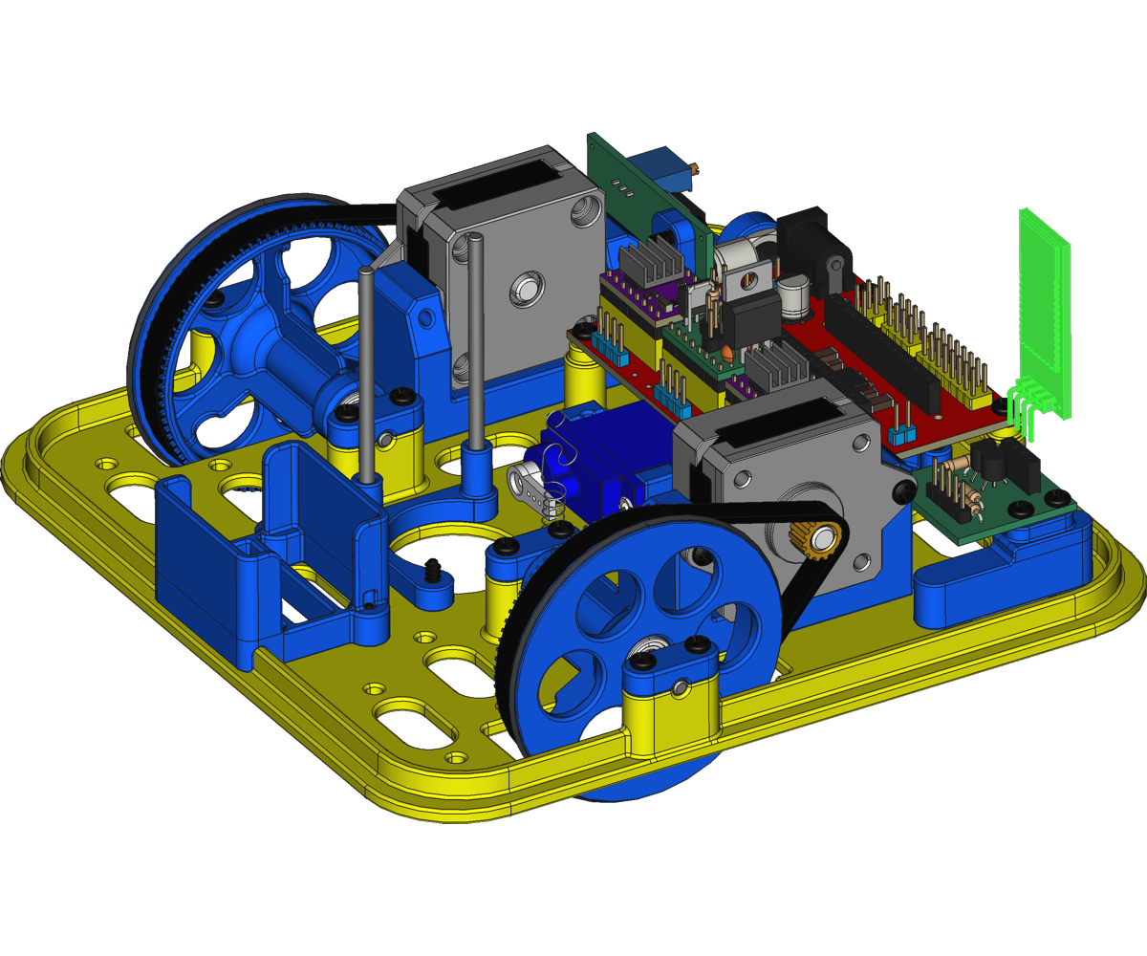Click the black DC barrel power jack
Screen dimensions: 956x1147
click(812, 244)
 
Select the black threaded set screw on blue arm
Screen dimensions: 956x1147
click(435, 570)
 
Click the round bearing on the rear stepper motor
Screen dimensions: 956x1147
click(527, 287)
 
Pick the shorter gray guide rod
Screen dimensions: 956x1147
click(367, 373)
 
